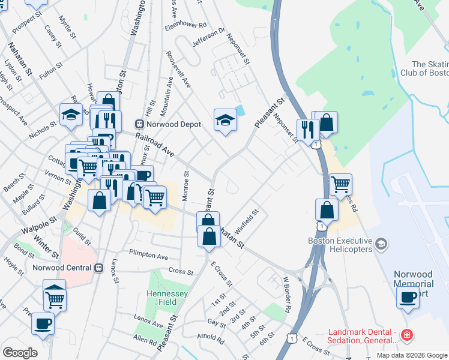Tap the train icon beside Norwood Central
pyautogui.click(x=99, y=268)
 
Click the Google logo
pyautogui.click(x=20, y=352)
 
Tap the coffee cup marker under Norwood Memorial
pyautogui.click(x=408, y=297)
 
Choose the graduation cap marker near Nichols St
pyautogui.click(x=71, y=113)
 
